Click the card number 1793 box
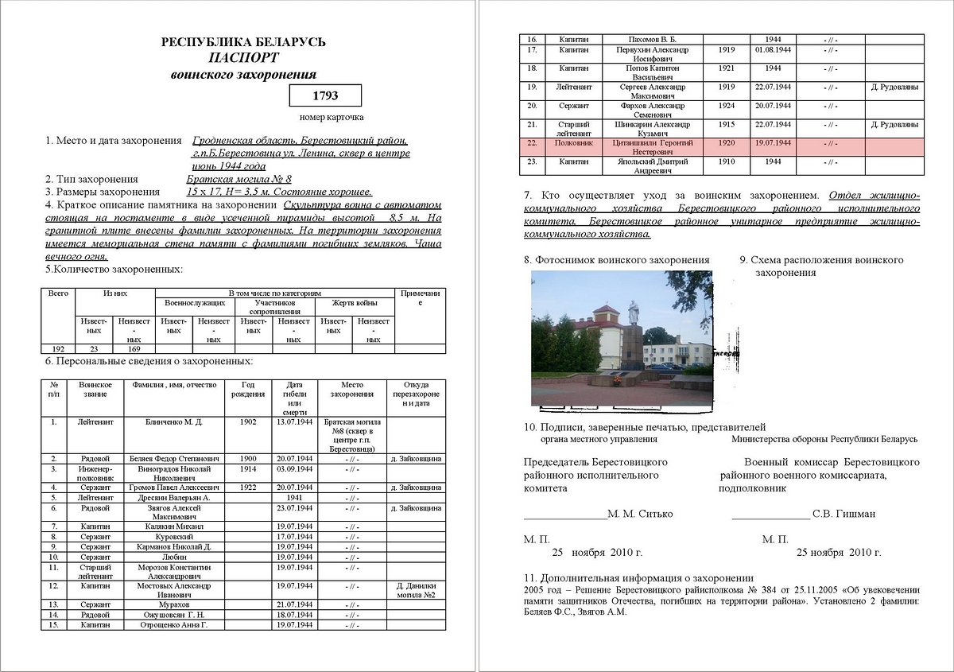click(x=325, y=96)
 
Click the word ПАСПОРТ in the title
click(x=243, y=58)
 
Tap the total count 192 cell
click(x=58, y=348)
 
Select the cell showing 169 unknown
click(x=134, y=348)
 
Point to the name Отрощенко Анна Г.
click(x=174, y=625)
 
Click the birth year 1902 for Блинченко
click(x=248, y=421)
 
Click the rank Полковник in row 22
click(x=574, y=142)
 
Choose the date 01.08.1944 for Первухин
click(x=773, y=49)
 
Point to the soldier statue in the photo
click(x=634, y=312)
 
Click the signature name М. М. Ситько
click(x=640, y=514)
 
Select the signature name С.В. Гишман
click(x=844, y=514)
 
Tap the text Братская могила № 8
click(x=239, y=179)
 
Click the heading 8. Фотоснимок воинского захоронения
click(x=616, y=260)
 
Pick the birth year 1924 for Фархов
click(x=726, y=105)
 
